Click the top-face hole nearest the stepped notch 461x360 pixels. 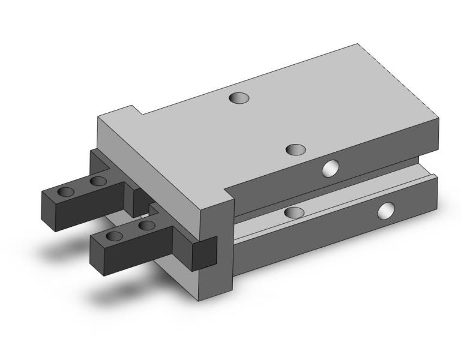(x=239, y=97)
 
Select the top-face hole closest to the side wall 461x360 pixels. (x=295, y=149)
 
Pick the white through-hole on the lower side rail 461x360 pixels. (x=386, y=211)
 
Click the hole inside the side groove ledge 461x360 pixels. (x=294, y=212)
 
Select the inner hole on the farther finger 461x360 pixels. (x=98, y=181)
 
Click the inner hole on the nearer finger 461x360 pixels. (x=146, y=226)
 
